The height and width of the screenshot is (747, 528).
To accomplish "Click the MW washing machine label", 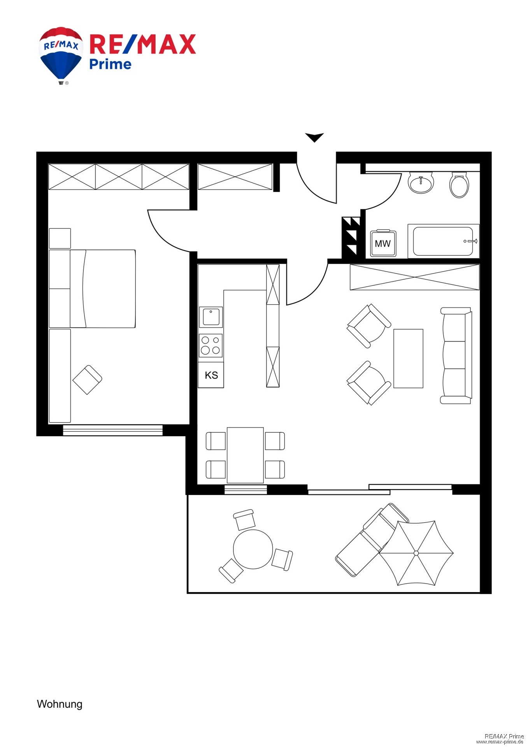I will point(382,244).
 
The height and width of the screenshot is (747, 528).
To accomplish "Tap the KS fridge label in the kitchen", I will point(211,375).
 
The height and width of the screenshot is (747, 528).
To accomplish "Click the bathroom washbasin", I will point(421,182).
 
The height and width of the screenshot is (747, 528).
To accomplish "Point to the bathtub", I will point(443,241).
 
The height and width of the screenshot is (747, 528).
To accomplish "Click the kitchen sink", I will point(211,317).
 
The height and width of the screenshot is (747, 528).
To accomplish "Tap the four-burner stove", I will point(211,345).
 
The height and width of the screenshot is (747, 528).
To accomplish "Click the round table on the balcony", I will point(253,549).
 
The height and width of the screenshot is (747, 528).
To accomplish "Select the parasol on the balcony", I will point(416,553).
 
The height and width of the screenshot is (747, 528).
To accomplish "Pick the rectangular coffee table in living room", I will point(408,358).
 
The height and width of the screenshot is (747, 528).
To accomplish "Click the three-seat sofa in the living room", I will point(456,356).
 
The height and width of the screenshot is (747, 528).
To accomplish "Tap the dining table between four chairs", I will point(245,455).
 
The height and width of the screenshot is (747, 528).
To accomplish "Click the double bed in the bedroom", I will point(103,289).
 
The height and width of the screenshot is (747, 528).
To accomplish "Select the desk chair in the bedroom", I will point(88,379).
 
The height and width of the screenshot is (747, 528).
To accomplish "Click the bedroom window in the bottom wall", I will point(113,430).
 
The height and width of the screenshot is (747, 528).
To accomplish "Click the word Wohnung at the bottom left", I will point(60,704).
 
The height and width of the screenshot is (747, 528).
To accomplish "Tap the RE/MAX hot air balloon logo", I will point(61,54).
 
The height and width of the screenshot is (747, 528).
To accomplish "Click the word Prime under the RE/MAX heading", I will point(110,64).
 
